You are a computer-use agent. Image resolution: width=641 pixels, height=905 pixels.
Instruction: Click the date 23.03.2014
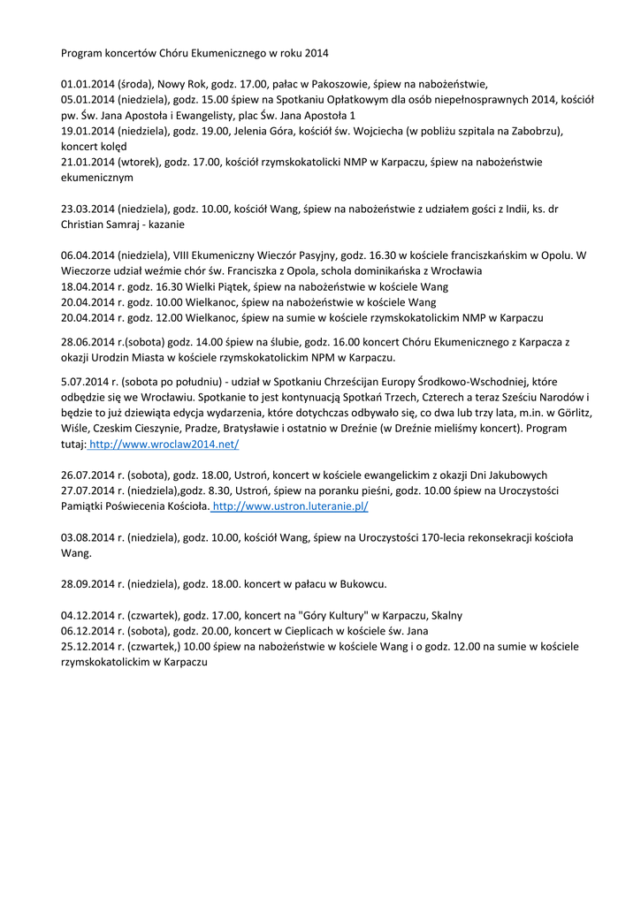(x=88, y=209)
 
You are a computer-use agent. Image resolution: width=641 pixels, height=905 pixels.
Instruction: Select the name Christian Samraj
(x=101, y=224)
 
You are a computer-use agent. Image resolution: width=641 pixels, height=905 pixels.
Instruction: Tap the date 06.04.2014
(x=88, y=255)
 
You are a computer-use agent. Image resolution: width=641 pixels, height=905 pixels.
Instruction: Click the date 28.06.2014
(x=88, y=341)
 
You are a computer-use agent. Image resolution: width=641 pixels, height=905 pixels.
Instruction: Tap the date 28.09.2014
(x=88, y=583)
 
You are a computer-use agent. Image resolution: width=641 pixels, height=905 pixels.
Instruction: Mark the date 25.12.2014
(x=88, y=646)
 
